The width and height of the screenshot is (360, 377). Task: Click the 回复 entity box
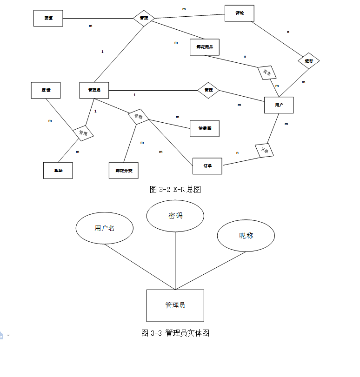coord(48,18)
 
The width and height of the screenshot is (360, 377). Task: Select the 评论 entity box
coord(239,13)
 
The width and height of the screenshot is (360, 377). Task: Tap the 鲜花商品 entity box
coord(204,47)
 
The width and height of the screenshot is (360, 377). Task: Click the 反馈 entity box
coord(46,90)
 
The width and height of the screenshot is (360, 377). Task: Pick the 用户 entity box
coord(279,105)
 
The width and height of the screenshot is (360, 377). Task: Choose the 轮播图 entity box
coord(204,128)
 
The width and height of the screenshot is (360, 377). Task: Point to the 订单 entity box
coord(207,166)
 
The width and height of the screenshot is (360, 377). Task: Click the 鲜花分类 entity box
coord(124,170)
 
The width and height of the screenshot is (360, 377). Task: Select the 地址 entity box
coord(58,170)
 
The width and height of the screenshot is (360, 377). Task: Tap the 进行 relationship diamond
coord(309,61)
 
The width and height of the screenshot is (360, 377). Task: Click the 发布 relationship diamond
coord(267,72)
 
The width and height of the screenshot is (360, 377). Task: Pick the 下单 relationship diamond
coord(265,151)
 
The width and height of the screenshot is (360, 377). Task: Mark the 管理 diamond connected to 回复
coord(144,18)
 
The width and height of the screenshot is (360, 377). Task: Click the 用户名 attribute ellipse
coord(105,228)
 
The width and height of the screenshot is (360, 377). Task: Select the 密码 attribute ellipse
coord(175,216)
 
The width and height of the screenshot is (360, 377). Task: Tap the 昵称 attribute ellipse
coord(246,236)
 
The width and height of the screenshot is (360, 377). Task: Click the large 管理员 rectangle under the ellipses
coord(175,305)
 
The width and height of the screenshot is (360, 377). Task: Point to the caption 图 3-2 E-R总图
coord(175,189)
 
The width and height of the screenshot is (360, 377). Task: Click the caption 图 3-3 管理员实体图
coord(175,333)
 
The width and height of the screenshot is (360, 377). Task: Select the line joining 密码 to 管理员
coord(175,260)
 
